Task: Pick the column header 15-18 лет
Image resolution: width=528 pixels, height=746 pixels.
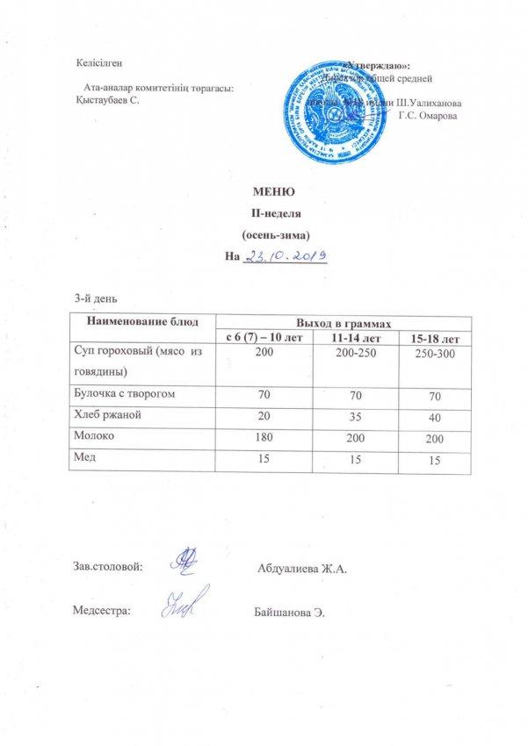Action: (429, 339)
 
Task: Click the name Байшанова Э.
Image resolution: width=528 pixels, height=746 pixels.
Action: (288, 610)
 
